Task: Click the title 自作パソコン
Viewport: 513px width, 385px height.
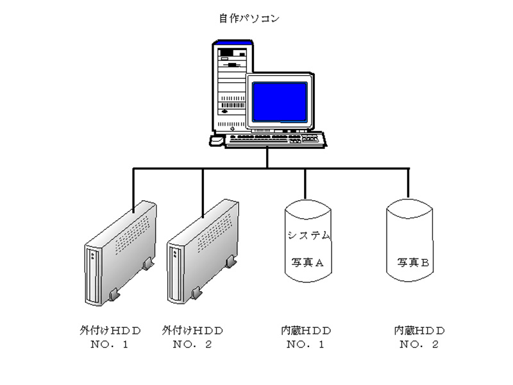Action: [x=255, y=18]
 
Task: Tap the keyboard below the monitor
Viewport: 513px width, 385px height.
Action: [x=274, y=139]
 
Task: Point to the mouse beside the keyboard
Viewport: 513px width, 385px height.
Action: [x=217, y=140]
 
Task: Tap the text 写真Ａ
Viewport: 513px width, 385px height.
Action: [x=305, y=262]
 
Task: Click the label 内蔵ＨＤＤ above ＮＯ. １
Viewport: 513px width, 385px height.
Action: [x=305, y=330]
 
